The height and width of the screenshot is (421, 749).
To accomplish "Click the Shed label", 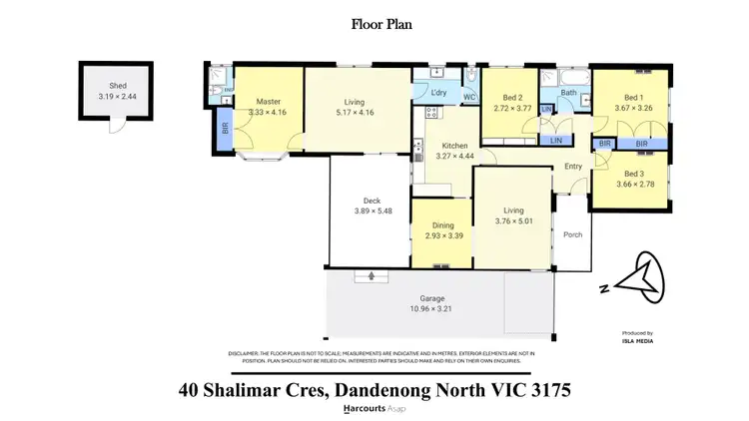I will click(108, 61).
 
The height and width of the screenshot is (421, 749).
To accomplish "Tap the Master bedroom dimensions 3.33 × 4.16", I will click(269, 113).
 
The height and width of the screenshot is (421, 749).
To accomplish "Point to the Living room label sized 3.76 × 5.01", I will click(512, 210).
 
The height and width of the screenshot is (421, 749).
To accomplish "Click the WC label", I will click(468, 98).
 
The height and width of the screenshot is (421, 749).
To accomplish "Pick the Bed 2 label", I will click(509, 98).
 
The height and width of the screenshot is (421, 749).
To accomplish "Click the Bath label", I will click(567, 94).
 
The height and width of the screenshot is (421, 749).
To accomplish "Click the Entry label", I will click(572, 167).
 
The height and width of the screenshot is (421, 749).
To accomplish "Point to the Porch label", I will click(572, 236).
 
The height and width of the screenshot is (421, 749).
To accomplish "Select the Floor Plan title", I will click(374, 23).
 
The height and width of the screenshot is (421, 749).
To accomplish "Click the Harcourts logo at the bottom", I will click(366, 409).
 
